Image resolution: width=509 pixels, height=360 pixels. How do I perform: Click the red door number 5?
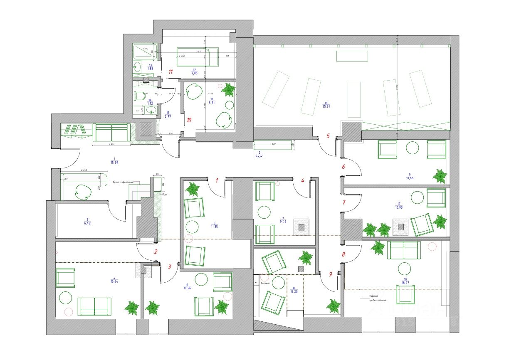click(328, 136)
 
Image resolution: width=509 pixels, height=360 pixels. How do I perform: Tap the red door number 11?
click(170, 72)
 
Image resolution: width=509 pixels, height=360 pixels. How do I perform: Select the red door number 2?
click(156, 251)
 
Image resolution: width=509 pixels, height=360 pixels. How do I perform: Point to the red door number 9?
click(331, 274)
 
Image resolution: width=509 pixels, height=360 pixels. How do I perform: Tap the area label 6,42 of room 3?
click(87, 223)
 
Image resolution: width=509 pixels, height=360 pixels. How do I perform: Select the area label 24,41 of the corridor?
click(260, 156)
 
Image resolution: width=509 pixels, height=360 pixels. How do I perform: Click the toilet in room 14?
click(138, 95)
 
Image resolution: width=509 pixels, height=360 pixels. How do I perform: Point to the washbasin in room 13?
click(136, 65)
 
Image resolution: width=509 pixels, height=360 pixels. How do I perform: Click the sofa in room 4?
click(94, 306)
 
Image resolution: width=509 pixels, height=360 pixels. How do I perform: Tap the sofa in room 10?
click(403, 250)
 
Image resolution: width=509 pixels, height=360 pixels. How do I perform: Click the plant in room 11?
click(228, 90)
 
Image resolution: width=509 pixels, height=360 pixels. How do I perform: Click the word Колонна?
click(265, 283)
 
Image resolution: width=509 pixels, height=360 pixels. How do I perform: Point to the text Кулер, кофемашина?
click(126, 182)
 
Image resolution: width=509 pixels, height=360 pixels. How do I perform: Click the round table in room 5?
click(192, 227)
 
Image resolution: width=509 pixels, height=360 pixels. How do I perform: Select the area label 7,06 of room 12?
click(194, 73)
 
